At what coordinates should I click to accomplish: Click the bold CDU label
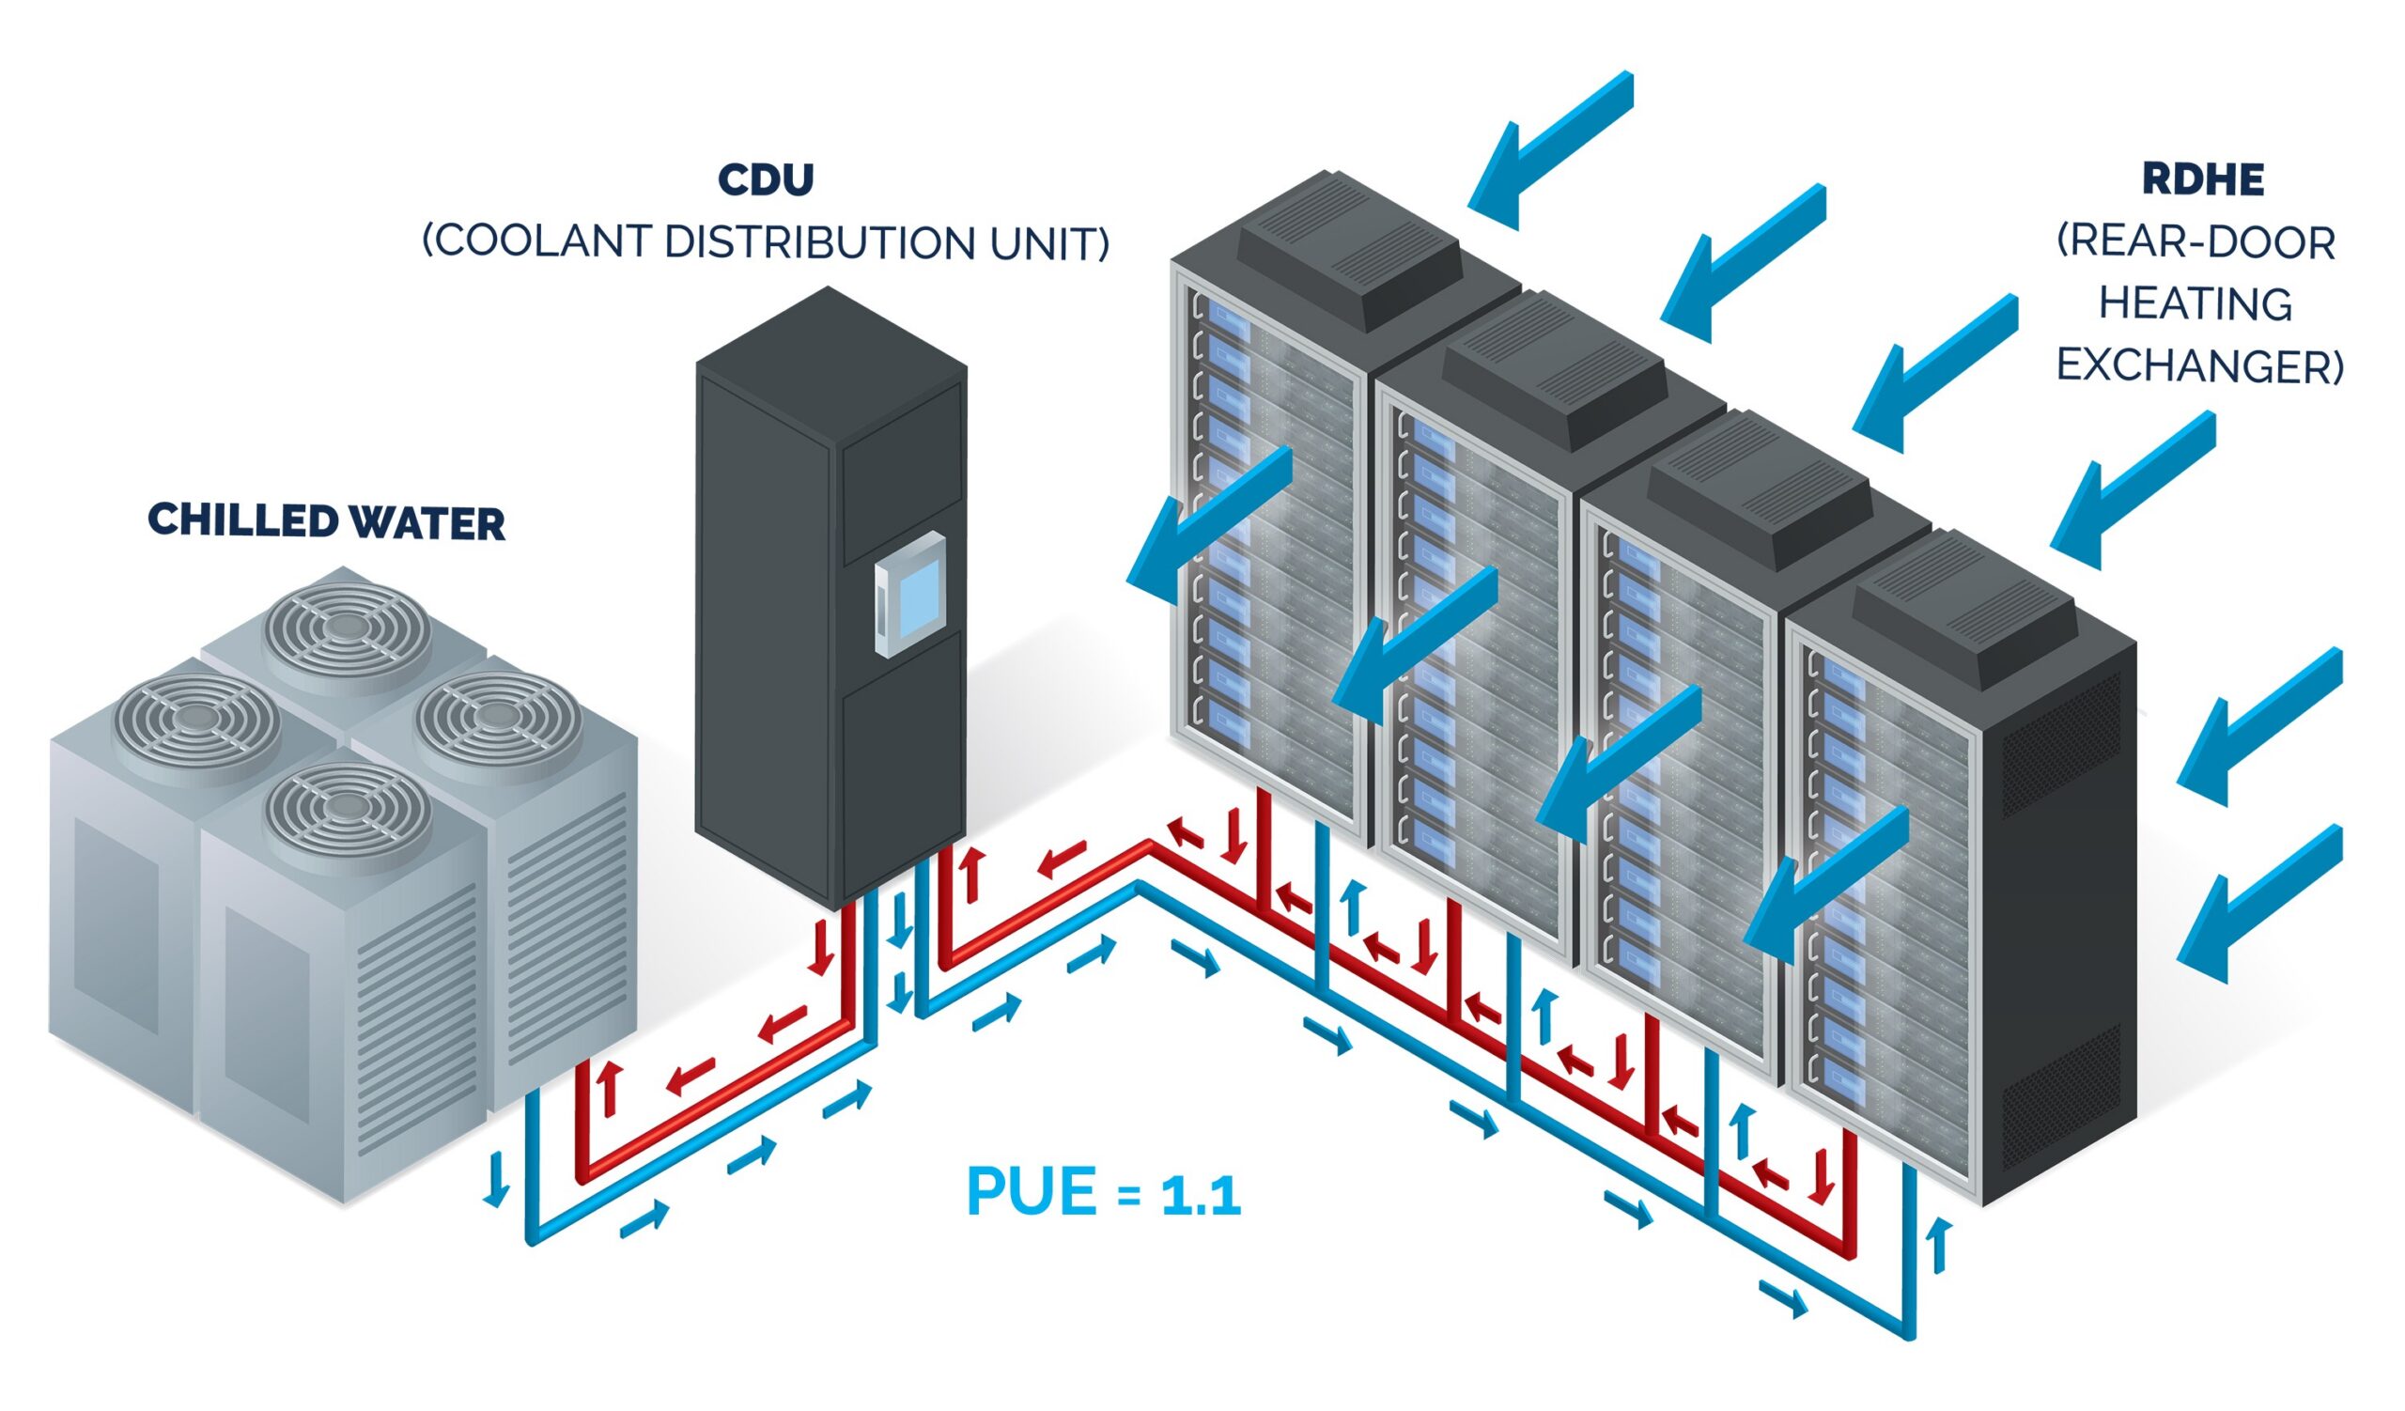766,179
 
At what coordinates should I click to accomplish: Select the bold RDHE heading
2203,179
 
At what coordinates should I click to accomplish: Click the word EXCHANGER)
2200,366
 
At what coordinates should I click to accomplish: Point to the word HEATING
2196,304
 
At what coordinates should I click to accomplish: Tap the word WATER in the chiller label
426,523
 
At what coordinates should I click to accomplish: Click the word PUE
1031,1192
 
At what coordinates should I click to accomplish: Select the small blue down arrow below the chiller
495,1179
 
